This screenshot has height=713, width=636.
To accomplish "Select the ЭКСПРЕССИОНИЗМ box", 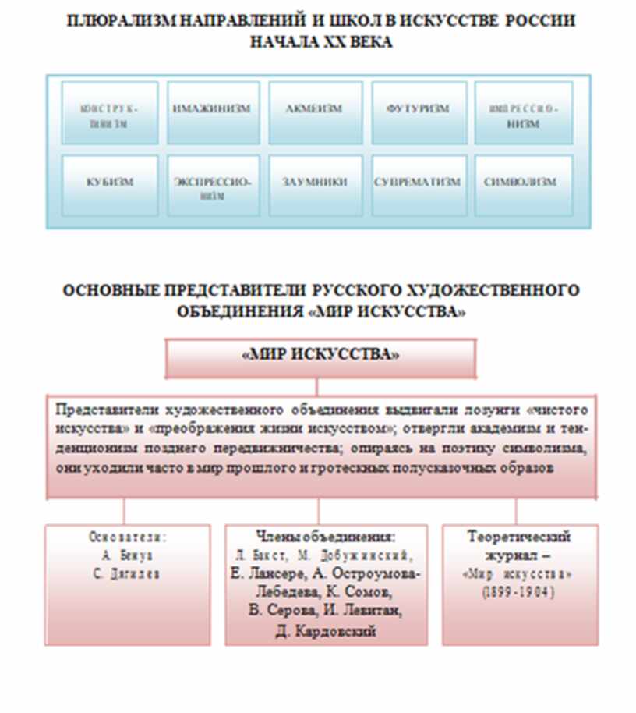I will (x=212, y=185).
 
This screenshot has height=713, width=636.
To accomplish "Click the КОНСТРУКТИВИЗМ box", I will (x=109, y=112).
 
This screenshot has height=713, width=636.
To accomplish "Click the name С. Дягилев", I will (x=126, y=573).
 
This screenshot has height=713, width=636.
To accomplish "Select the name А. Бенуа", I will (x=126, y=555).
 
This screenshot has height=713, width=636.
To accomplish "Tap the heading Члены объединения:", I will (x=325, y=537).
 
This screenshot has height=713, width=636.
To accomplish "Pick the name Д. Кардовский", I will (x=326, y=631).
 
